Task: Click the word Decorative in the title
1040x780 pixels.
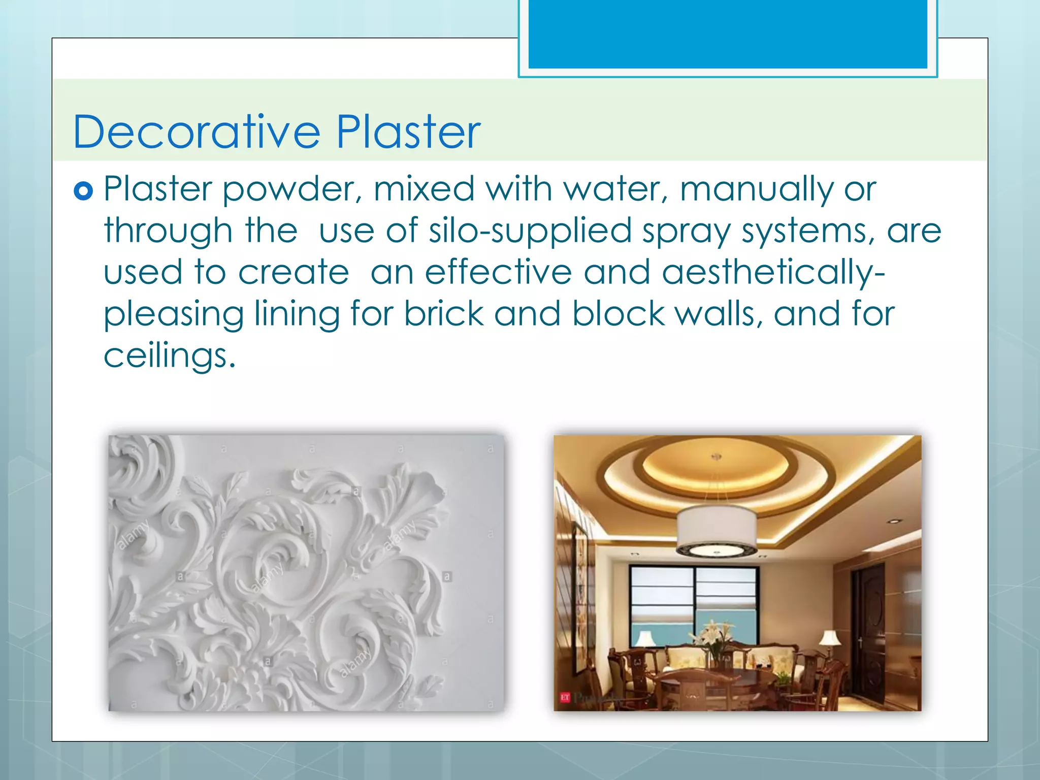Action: click(197, 132)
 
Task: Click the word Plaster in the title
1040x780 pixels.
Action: click(408, 132)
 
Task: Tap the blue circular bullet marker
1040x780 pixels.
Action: click(83, 191)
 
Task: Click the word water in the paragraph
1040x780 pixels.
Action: click(615, 189)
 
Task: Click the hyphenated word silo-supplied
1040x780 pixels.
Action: click(529, 232)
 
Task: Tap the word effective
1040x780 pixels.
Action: click(498, 272)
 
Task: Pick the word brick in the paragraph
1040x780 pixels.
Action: click(443, 314)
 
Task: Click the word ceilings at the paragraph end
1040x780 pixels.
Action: click(169, 356)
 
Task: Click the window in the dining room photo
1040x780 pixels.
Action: click(694, 604)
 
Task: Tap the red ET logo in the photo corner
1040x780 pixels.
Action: click(565, 697)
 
